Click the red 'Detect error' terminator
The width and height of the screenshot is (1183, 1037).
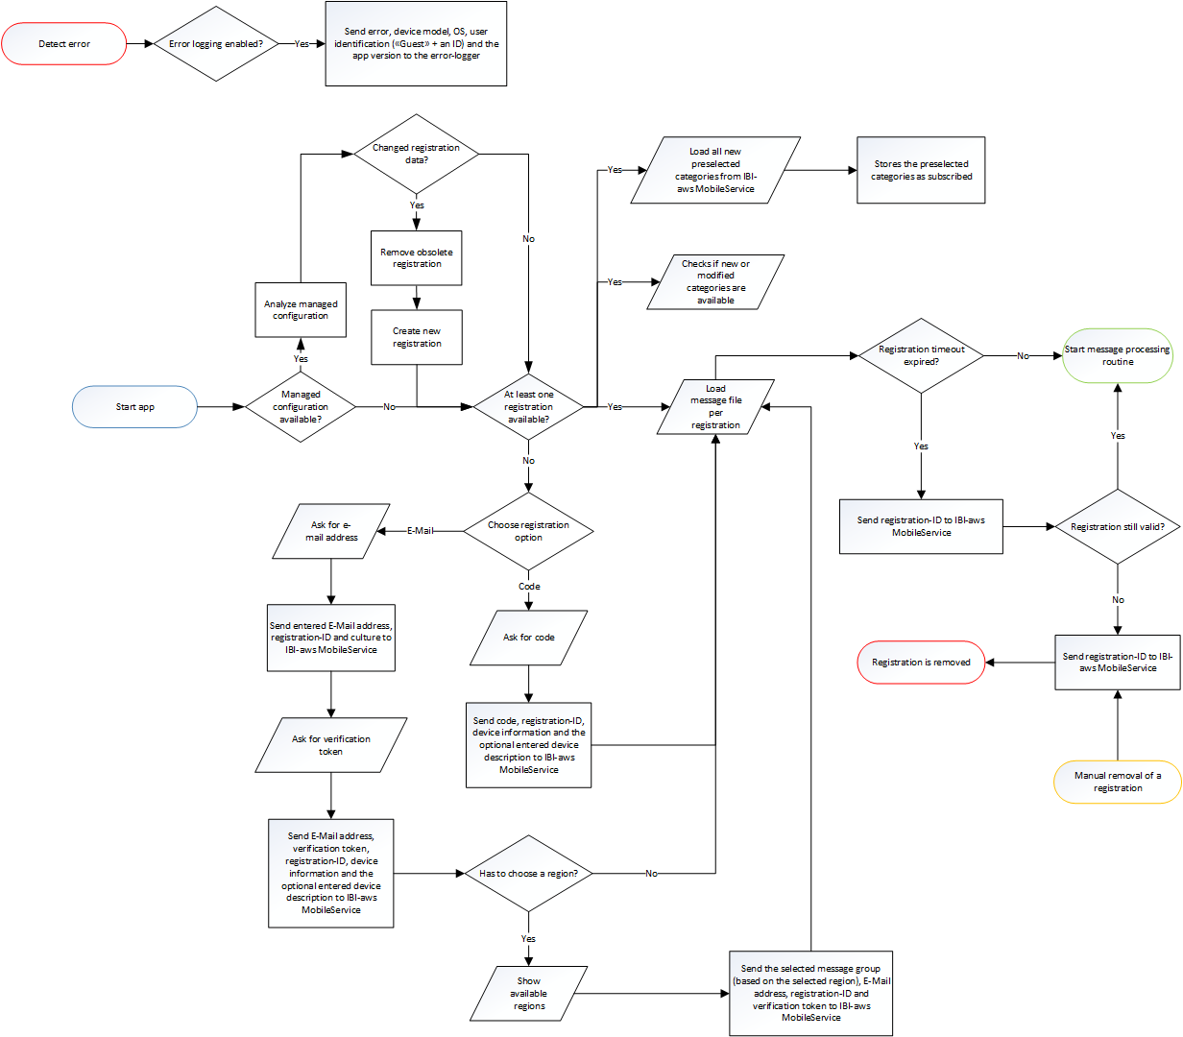pos(64,44)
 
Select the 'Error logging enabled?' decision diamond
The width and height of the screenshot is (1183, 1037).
pos(216,44)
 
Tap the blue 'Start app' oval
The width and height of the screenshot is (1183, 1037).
pos(135,407)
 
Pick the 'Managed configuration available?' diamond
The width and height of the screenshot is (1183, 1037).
pos(301,407)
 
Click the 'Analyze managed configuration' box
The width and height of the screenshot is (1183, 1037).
pos(301,310)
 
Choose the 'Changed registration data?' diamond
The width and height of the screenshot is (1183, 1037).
pos(416,154)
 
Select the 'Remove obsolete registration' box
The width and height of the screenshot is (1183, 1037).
pos(417,258)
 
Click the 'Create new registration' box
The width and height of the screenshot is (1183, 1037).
pos(417,337)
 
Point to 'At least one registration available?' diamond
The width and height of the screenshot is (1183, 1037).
pos(528,407)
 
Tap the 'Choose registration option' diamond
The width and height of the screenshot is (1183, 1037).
pos(528,531)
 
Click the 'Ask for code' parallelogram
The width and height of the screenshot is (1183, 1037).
pos(528,638)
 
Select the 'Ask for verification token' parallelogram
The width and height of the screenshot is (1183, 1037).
pos(331,745)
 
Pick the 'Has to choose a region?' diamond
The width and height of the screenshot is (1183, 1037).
pos(528,874)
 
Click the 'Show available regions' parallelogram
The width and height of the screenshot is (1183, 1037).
pos(529,994)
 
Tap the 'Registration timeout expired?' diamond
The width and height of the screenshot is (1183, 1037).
pos(921,355)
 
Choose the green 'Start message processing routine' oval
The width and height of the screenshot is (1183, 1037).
pos(1118,355)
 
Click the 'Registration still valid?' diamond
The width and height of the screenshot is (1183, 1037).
pos(1118,527)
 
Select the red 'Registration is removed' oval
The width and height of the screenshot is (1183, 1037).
pos(921,663)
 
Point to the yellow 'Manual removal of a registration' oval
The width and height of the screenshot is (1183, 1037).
pos(1118,782)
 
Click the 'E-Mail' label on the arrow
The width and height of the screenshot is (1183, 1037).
pos(421,531)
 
